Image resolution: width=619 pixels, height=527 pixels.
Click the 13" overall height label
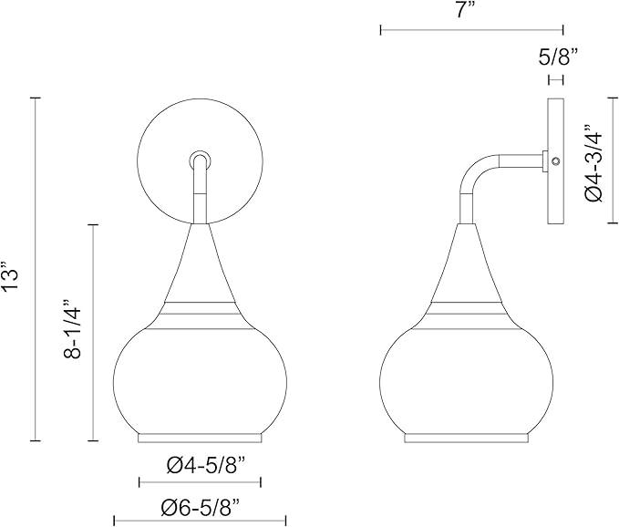click(11, 276)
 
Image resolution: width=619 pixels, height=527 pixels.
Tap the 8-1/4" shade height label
click(72, 329)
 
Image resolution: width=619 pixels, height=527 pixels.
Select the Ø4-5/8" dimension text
click(207, 467)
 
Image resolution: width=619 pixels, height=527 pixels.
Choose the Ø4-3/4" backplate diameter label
click(593, 162)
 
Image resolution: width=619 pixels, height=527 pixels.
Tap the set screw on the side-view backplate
click(556, 161)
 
